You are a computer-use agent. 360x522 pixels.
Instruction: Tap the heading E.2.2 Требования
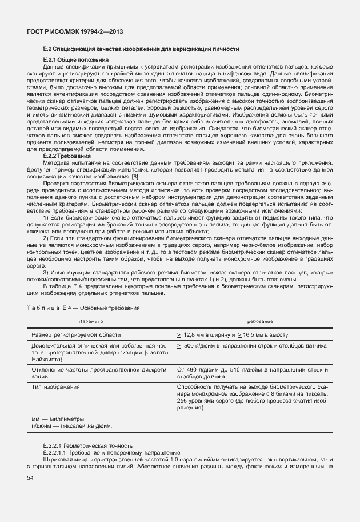click(67, 156)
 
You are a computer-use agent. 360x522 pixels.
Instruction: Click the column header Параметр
click(99, 322)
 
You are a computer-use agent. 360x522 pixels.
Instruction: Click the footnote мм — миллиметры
click(58, 419)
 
